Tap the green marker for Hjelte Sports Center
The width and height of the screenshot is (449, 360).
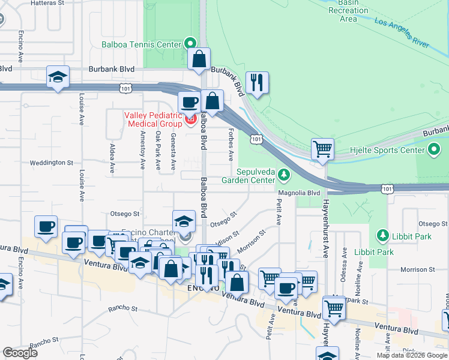(x=435, y=149)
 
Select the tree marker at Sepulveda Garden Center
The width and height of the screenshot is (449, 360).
(x=285, y=175)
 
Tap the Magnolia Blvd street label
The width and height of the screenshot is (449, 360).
(x=298, y=193)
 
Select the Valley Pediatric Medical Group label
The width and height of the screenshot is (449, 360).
(x=153, y=119)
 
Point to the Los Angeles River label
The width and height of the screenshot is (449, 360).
(x=406, y=32)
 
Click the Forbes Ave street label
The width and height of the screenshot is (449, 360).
(x=231, y=144)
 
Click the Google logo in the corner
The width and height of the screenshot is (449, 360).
(x=20, y=353)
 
